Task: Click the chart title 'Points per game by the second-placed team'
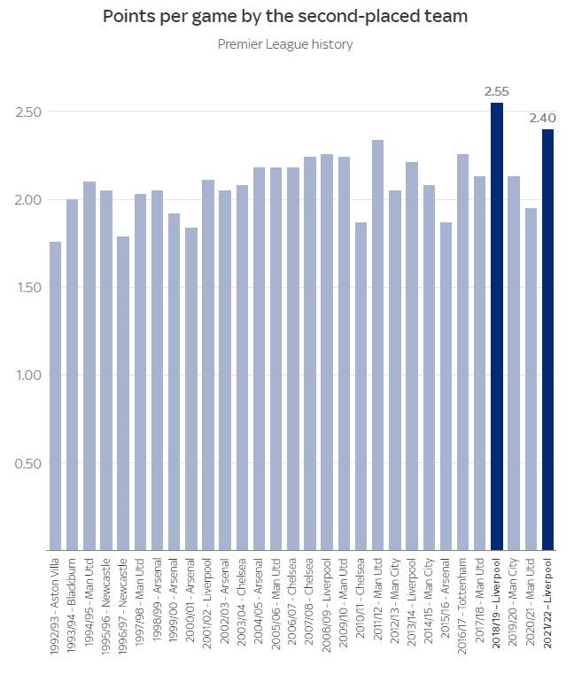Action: click(x=284, y=16)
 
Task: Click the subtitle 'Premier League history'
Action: click(x=285, y=44)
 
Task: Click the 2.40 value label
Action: click(x=542, y=118)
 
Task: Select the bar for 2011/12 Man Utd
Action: click(x=378, y=345)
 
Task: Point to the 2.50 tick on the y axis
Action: click(x=28, y=112)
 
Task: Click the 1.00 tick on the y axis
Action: click(x=28, y=376)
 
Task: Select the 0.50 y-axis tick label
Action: click(x=28, y=463)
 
